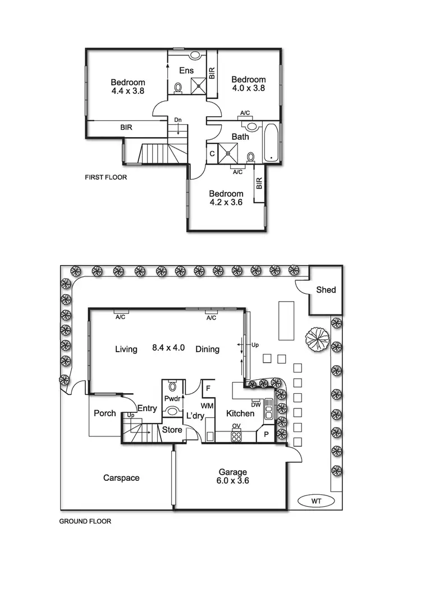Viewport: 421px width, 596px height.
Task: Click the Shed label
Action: click(326, 290)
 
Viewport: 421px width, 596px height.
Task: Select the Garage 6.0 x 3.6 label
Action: click(233, 477)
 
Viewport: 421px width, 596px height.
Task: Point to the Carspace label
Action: click(121, 478)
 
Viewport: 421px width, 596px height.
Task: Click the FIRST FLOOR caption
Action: click(106, 177)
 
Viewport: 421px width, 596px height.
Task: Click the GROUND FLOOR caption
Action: click(85, 521)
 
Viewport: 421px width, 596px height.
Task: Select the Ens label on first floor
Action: click(186, 70)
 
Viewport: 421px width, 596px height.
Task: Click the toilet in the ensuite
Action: click(179, 88)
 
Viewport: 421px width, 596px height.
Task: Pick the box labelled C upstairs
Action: click(212, 153)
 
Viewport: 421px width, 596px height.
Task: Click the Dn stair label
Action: click(178, 120)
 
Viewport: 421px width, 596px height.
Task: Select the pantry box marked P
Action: click(266, 434)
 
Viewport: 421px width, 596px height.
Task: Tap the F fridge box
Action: click(208, 388)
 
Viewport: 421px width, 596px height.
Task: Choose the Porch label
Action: click(104, 413)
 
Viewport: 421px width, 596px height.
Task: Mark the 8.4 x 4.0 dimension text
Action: click(168, 349)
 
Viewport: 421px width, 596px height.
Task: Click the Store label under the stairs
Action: click(172, 430)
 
